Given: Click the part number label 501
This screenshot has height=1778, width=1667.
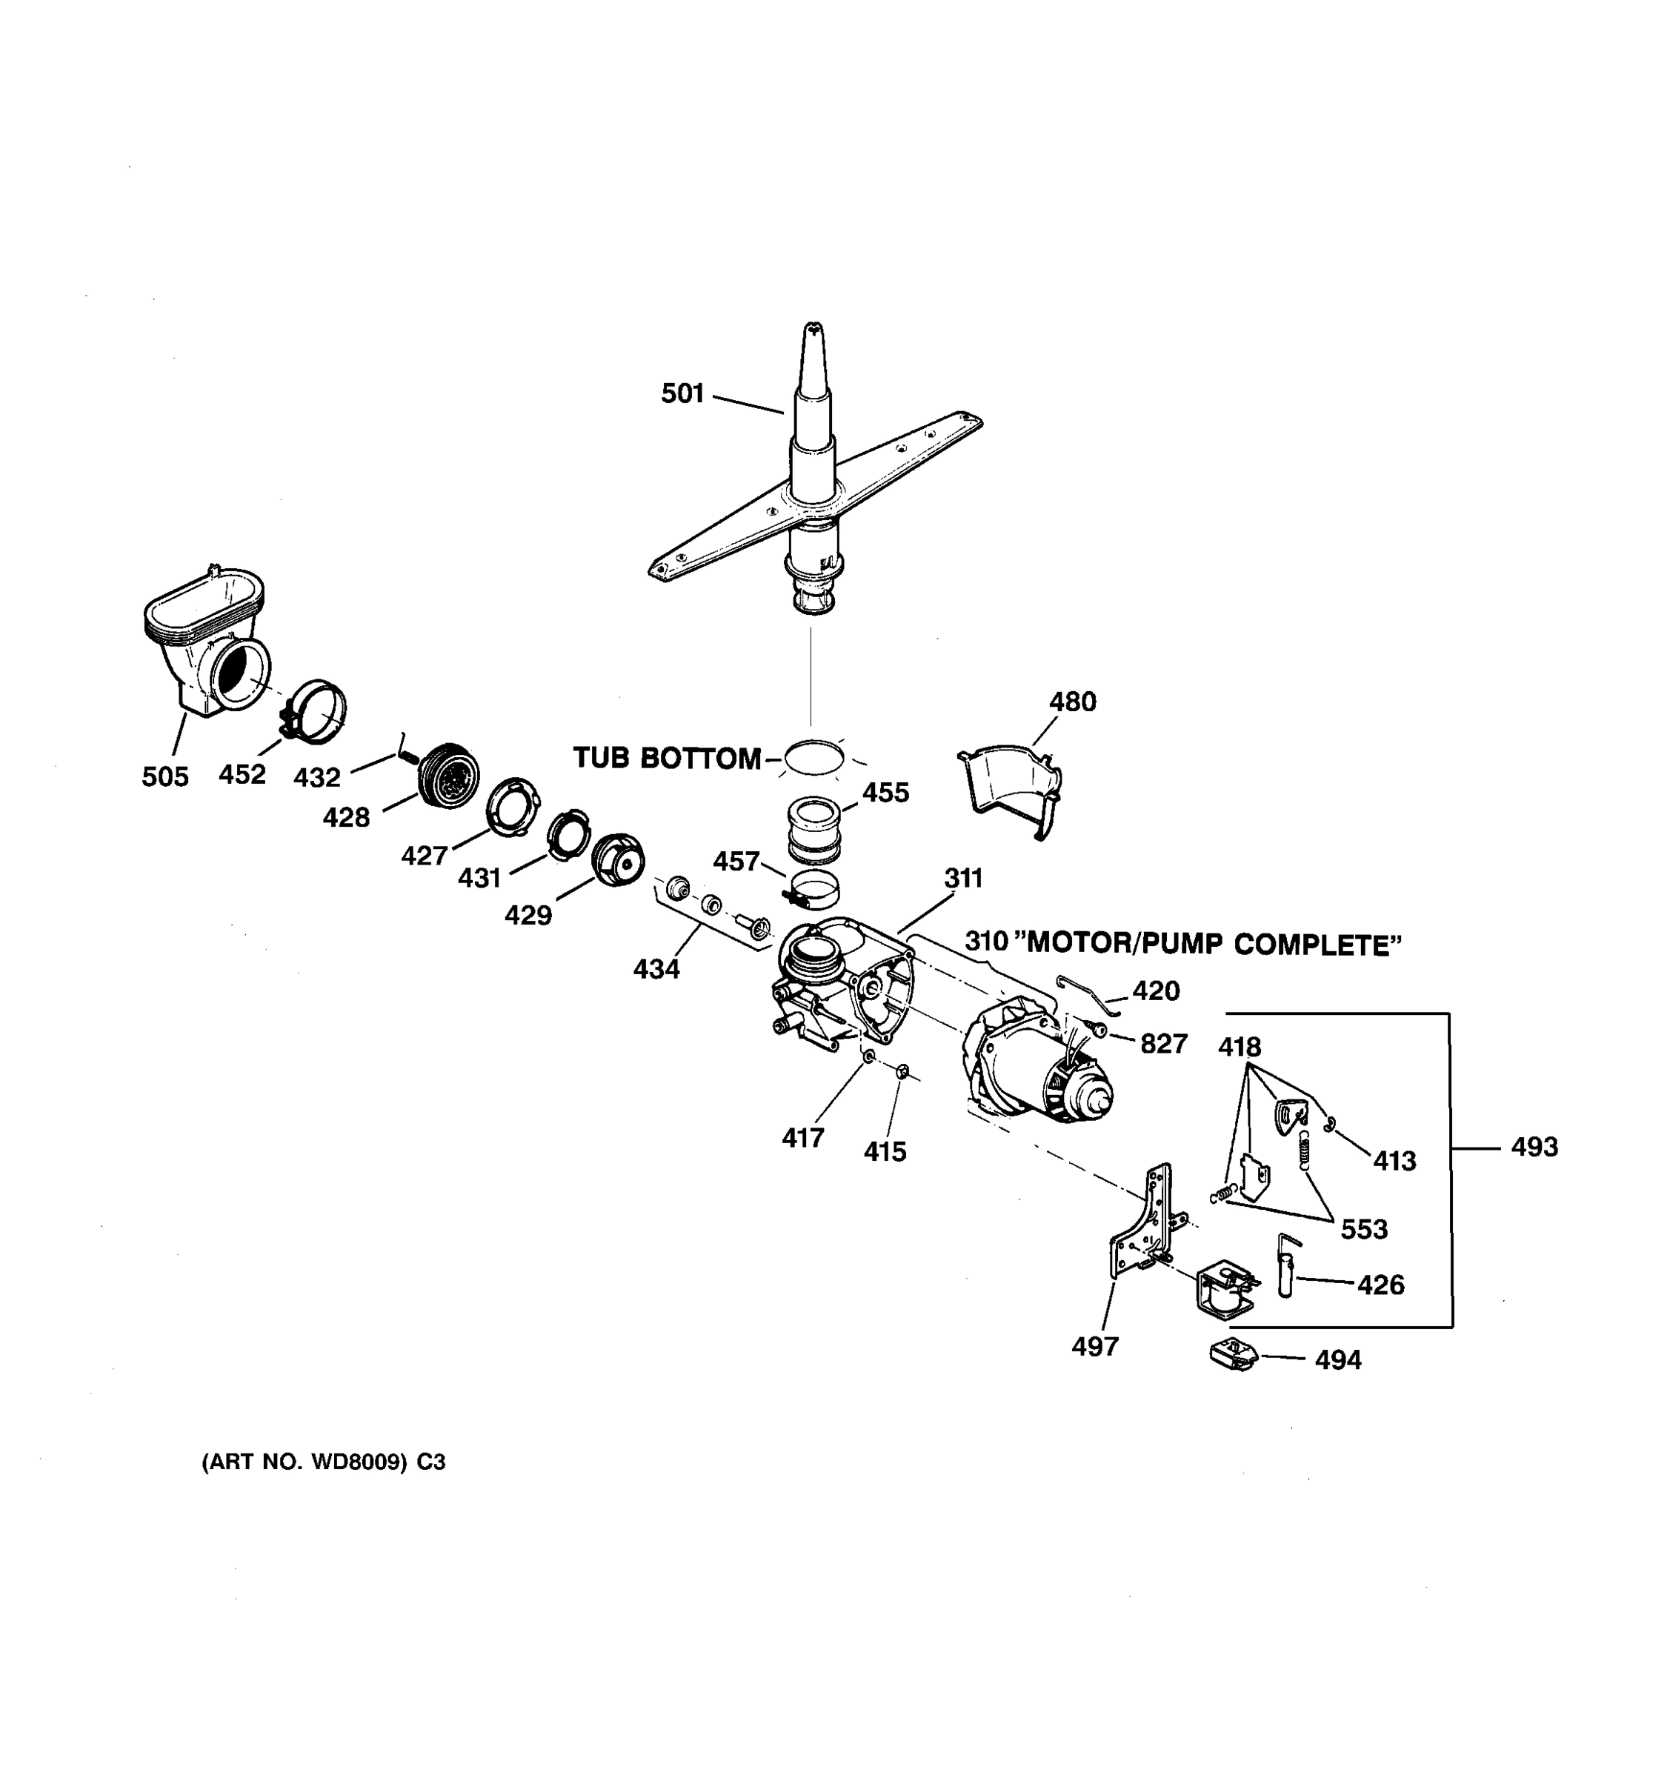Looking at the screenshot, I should tap(682, 393).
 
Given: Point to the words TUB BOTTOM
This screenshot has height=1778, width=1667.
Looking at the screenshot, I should tap(666, 759).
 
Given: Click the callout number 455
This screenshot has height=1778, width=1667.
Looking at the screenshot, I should tap(885, 793).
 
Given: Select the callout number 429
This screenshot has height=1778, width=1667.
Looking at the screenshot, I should tap(528, 915).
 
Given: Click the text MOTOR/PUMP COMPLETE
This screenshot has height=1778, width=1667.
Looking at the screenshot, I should tap(1213, 945).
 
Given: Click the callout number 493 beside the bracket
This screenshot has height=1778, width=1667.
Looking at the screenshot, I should tap(1534, 1147).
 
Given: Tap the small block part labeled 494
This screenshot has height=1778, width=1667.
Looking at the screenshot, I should tap(1234, 1355).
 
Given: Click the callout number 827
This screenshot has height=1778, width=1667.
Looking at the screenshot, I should tap(1162, 1044).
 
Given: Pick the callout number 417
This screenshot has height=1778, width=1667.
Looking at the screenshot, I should tap(802, 1139).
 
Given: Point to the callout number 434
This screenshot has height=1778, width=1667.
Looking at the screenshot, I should tap(656, 968).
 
